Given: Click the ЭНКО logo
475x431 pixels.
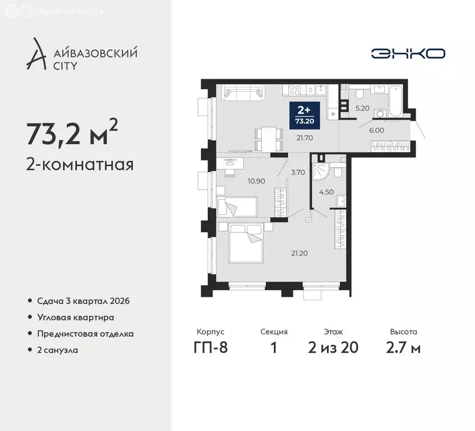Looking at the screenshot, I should (x=408, y=53).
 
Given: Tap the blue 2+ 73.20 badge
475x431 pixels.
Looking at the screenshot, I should (x=305, y=114).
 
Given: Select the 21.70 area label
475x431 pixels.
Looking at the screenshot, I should (x=303, y=137).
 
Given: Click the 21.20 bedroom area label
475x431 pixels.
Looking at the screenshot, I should (x=299, y=253).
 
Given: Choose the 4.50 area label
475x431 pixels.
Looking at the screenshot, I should (x=326, y=191).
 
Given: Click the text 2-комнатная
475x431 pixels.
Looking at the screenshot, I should (x=79, y=165).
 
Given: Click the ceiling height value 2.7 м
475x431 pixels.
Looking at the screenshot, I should (x=404, y=347).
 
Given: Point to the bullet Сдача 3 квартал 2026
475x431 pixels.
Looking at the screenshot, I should (x=83, y=301).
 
